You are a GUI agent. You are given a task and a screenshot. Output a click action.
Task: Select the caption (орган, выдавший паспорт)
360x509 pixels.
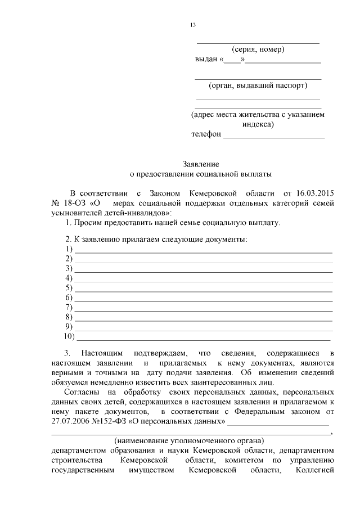click(258, 86)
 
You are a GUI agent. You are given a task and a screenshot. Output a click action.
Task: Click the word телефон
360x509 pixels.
click(206, 134)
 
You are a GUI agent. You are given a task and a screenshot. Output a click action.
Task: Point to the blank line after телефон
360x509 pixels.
click(274, 136)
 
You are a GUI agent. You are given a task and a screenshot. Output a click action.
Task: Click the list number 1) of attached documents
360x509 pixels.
click(69, 249)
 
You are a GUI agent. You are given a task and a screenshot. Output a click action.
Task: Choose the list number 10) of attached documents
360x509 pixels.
click(70, 337)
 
